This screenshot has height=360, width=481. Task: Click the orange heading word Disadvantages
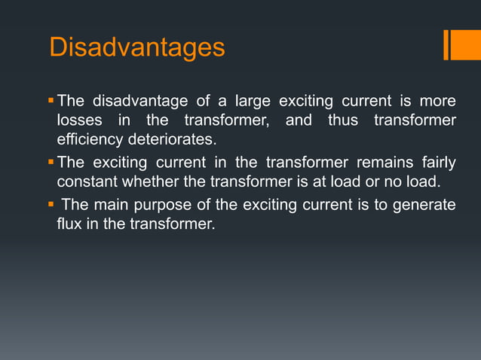tap(136, 47)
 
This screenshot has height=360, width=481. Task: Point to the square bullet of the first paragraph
tap(51, 100)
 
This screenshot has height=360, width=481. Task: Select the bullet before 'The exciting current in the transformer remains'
tap(51, 162)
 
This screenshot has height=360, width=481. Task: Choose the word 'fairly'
tap(437, 162)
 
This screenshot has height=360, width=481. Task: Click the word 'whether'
tap(149, 182)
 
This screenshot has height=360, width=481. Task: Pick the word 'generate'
tap(426, 205)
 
